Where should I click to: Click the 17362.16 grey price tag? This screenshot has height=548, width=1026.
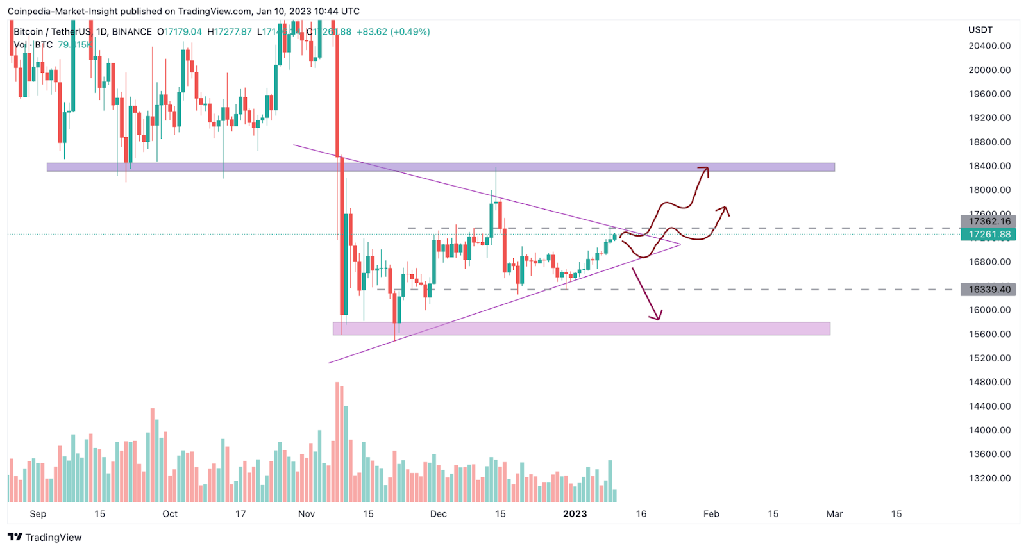point(988,221)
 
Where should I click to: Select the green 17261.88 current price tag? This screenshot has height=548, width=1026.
point(988,235)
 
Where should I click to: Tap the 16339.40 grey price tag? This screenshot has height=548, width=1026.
point(988,290)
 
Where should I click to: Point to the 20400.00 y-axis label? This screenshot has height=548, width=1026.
point(989,46)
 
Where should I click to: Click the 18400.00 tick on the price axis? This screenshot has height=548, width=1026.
point(989,166)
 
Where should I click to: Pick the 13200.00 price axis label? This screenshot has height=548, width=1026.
point(989,478)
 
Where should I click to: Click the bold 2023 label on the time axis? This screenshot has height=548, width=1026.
point(575,514)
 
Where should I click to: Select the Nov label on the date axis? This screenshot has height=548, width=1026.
point(307,514)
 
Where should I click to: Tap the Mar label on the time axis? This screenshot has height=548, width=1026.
point(834,514)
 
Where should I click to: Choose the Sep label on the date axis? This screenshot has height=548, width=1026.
point(38,514)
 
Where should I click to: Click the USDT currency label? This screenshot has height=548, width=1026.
point(980,30)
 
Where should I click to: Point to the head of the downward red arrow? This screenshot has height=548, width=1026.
point(657,317)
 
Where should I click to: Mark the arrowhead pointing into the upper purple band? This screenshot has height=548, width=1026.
point(705,169)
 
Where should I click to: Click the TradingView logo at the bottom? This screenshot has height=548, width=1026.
point(45,537)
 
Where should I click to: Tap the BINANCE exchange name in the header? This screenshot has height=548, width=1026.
point(132,32)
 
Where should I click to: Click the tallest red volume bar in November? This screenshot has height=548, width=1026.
point(337,442)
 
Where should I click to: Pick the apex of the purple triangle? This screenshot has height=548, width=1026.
point(680,244)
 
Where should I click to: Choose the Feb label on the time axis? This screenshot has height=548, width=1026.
point(711,514)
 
